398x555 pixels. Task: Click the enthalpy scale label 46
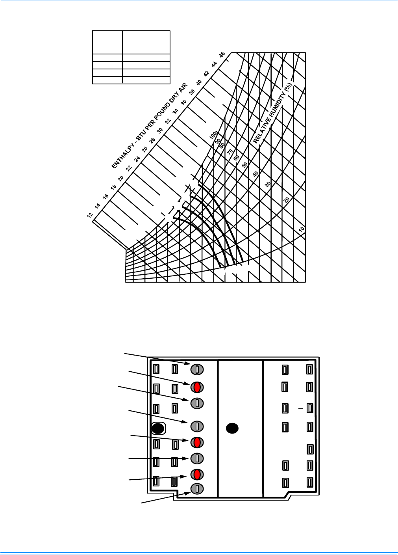(222, 54)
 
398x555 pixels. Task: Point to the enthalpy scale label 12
(90, 215)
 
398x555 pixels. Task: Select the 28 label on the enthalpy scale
(152, 140)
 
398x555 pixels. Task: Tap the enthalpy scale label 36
(183, 102)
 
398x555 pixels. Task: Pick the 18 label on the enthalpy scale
(113, 187)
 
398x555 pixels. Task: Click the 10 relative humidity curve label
(302, 229)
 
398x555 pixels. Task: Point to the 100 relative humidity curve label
(213, 136)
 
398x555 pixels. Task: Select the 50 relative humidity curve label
(244, 165)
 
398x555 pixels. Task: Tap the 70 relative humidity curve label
(230, 152)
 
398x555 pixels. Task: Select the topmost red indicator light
(197, 387)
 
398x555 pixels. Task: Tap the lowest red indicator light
(197, 475)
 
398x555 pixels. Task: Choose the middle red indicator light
(197, 443)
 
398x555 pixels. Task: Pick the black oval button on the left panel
(158, 428)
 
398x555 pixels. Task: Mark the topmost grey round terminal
(197, 369)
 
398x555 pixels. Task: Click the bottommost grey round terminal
(197, 489)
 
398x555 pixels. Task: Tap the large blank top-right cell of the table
(146, 42)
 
